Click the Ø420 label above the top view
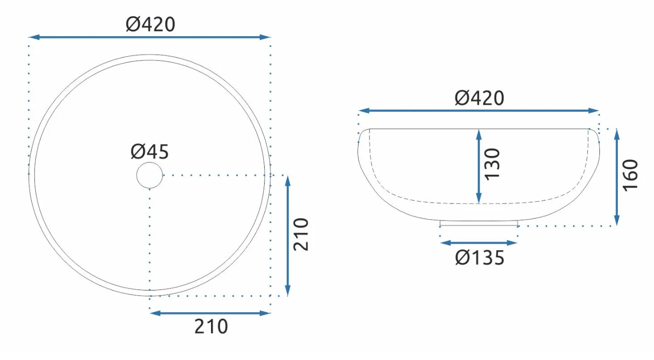pyautogui.click(x=150, y=24)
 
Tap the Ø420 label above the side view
pyautogui.click(x=479, y=98)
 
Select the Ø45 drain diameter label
pyautogui.click(x=149, y=151)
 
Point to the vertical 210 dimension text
pyautogui.click(x=301, y=234)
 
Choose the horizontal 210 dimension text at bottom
pyautogui.click(x=211, y=326)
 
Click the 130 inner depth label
pyautogui.click(x=492, y=164)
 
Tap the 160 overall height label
pyautogui.click(x=630, y=175)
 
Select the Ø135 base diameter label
pyautogui.click(x=480, y=258)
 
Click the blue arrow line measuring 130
pyautogui.click(x=479, y=166)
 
